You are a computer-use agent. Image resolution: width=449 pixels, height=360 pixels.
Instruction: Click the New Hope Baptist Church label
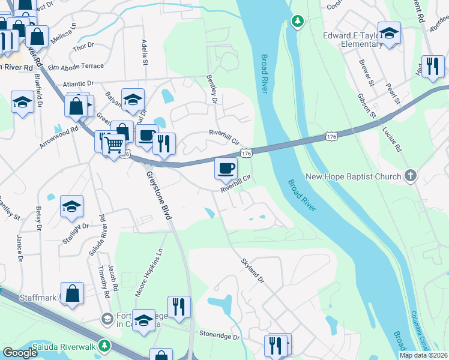pos(353,176)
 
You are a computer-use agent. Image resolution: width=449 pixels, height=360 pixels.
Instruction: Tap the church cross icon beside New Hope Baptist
pos(410,176)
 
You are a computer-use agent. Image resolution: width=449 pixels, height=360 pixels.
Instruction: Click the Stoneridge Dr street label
pos(219,337)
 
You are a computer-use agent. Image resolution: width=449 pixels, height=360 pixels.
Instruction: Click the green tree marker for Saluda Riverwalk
pos(105,346)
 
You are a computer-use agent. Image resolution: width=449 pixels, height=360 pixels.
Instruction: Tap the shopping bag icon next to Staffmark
pos(73,295)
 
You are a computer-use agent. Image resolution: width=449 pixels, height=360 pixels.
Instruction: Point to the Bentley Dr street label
pos(211,89)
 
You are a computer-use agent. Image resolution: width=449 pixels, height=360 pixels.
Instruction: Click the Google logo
pos(20,353)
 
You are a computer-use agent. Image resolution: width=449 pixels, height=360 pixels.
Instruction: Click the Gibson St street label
pos(367,105)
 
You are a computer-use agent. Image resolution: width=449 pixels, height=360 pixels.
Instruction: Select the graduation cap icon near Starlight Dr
pos(71,208)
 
